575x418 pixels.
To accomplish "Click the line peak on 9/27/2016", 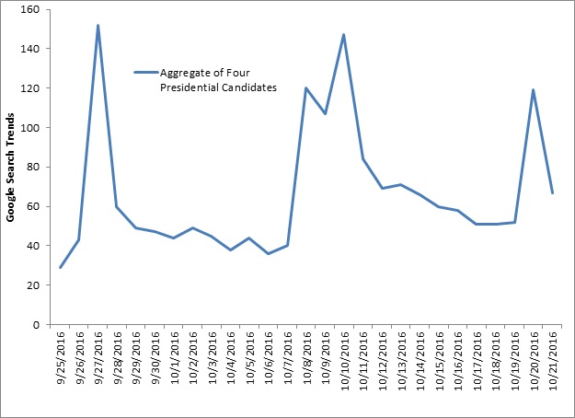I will pos(98,25).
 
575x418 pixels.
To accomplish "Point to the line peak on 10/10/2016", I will pos(343,35).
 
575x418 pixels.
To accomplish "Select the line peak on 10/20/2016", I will pos(533,90).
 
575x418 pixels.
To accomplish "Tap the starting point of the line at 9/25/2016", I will pos(60,267).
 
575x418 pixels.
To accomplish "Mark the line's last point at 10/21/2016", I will pos(552,193).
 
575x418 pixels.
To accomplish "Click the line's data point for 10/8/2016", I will pos(305,88).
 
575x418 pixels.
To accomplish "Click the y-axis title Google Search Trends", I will pos(11,167).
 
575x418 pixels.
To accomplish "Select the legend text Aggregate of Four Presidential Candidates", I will pos(204,79).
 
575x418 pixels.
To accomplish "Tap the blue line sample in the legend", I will pos(145,72).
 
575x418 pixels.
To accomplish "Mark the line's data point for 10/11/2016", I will pos(362,159).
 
